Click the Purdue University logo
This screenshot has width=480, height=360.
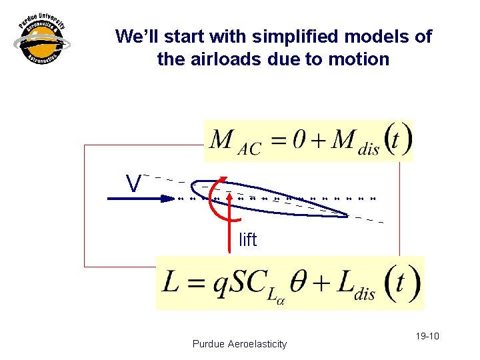point(41,41)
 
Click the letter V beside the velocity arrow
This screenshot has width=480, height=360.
point(134,184)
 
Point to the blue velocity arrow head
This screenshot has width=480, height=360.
point(168,198)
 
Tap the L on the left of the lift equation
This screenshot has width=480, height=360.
point(171,284)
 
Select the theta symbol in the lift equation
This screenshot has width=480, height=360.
point(301,283)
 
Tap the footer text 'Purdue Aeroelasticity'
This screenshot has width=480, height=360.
point(239,344)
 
